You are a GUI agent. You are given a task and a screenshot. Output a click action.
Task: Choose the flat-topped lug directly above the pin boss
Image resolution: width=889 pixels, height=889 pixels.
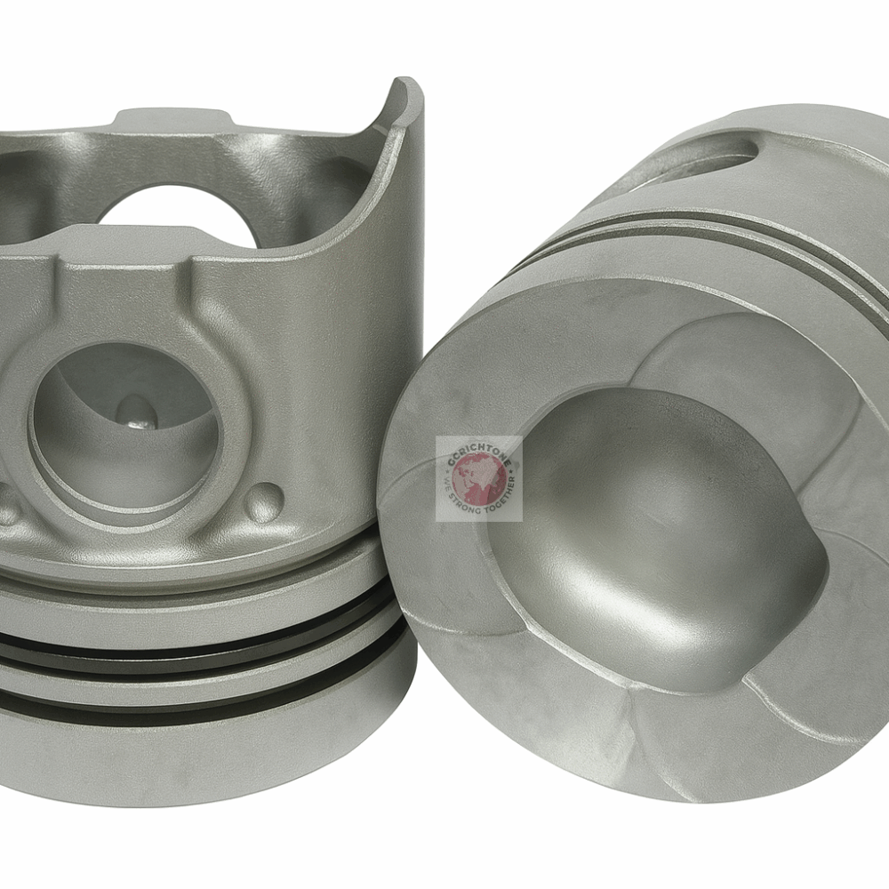click(x=129, y=243)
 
